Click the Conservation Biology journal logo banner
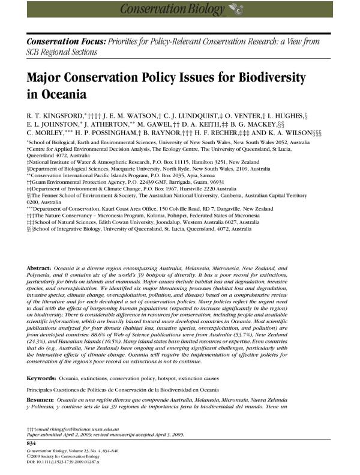(x=179, y=8)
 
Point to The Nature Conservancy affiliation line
(x=140, y=213)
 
